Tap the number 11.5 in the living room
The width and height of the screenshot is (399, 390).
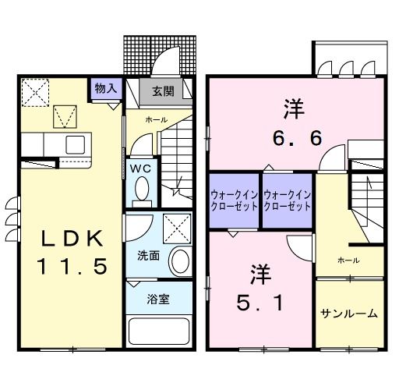(x=70, y=267)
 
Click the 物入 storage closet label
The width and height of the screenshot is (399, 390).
(x=106, y=87)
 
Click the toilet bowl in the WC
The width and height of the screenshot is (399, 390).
(x=142, y=188)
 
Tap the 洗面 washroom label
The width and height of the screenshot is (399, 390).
(x=148, y=254)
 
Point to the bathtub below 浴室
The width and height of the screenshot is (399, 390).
(x=159, y=331)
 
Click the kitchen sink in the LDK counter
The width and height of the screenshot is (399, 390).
(x=76, y=145)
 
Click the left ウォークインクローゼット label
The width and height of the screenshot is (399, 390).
(x=233, y=200)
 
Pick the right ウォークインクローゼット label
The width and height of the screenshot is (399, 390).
(x=288, y=200)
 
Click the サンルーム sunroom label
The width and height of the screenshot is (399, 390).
(x=349, y=314)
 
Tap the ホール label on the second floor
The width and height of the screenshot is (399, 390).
(x=348, y=259)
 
